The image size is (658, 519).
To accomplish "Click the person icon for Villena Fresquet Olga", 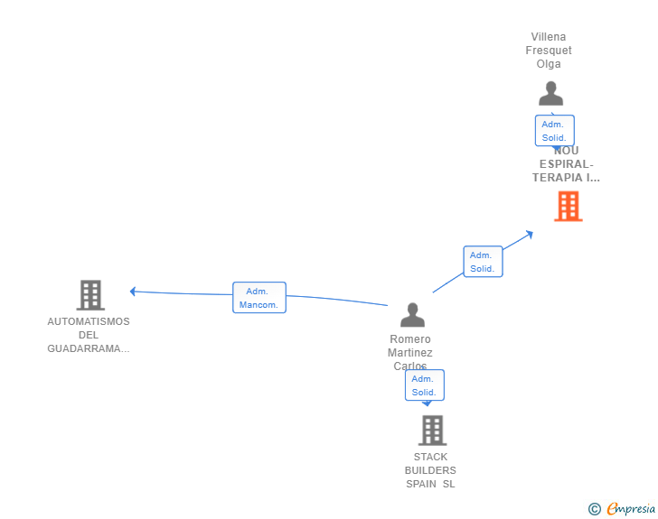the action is click(x=550, y=94).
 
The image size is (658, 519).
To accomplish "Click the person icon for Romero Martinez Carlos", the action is click(x=412, y=315).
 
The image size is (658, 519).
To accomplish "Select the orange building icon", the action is click(x=568, y=207).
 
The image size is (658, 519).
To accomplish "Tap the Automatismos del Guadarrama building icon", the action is click(x=90, y=295).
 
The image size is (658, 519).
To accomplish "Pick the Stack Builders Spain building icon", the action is click(x=432, y=431).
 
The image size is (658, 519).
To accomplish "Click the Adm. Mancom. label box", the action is click(x=259, y=298).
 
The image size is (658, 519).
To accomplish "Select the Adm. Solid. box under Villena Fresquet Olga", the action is click(x=554, y=131).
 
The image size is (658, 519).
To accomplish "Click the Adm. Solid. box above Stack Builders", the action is click(x=424, y=385).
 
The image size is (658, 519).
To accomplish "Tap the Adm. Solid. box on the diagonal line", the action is click(x=482, y=262).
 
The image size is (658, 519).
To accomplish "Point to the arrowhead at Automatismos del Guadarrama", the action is click(x=133, y=292).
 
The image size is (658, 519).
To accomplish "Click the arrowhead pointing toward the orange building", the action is click(x=529, y=234).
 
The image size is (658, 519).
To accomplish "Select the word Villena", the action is click(x=549, y=37).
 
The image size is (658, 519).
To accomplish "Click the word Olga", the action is click(x=549, y=64).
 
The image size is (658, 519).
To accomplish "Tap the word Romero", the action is click(x=410, y=339).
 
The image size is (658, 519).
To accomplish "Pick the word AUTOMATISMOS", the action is click(x=89, y=322).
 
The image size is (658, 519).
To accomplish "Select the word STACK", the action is click(x=430, y=457).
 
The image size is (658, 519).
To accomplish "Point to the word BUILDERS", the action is click(x=430, y=470).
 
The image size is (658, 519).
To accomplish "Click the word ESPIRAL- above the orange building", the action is click(x=567, y=164).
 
